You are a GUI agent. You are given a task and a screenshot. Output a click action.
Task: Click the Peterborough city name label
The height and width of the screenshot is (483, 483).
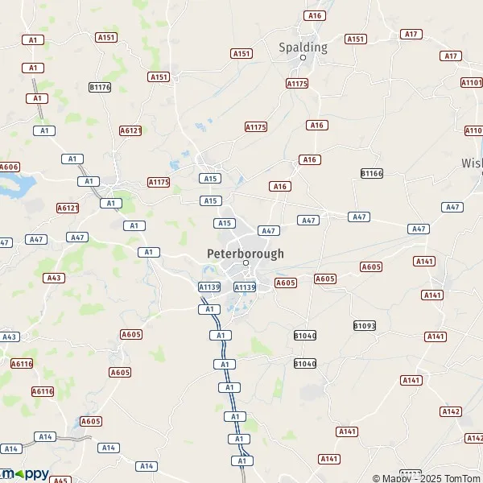click(x=246, y=253)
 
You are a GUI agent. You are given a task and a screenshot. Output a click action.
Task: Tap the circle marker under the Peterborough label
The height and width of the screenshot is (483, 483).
click(x=246, y=263)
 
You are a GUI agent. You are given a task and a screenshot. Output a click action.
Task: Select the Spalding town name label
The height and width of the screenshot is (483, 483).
click(x=303, y=47)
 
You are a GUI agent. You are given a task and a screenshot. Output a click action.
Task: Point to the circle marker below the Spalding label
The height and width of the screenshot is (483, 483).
click(x=303, y=58)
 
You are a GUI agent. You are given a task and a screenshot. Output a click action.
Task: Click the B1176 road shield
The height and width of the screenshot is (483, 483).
click(x=101, y=86)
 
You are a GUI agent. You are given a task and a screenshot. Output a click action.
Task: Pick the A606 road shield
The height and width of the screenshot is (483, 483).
click(x=9, y=167)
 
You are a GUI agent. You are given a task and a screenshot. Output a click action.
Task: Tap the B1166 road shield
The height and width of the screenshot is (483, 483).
click(x=372, y=173)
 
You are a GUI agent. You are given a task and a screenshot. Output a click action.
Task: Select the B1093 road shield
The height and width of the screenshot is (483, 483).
click(x=365, y=325)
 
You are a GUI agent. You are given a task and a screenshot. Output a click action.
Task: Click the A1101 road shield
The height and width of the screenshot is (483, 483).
click(x=472, y=83)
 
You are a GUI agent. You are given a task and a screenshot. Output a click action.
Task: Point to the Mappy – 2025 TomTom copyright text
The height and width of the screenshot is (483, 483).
click(x=427, y=478)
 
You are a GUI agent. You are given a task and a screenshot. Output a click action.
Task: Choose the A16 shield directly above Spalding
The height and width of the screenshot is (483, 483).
click(x=314, y=15)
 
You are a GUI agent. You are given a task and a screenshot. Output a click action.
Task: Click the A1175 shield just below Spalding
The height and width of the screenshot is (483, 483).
click(x=297, y=84)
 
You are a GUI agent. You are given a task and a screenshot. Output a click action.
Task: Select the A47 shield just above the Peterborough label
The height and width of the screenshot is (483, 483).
click(x=268, y=231)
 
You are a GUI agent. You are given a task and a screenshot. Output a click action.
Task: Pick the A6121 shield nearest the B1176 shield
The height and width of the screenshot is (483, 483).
click(x=130, y=130)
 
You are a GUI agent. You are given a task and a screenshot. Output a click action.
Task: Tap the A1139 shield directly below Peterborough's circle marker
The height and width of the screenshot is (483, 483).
click(x=245, y=287)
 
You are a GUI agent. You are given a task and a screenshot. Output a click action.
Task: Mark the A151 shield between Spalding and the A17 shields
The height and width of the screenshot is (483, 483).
click(x=355, y=39)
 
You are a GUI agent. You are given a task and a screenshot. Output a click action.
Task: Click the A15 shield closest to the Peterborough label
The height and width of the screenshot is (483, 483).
click(x=225, y=223)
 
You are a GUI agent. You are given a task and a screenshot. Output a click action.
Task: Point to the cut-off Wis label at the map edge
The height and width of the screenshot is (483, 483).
click(x=472, y=163)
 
